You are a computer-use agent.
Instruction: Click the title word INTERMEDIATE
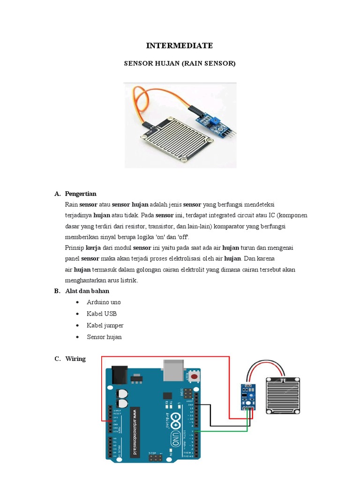pos(180,45)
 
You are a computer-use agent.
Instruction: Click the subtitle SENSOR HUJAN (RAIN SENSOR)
pos(180,63)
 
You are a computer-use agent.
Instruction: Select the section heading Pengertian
pos(81,194)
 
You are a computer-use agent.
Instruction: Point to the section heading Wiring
pos(75,359)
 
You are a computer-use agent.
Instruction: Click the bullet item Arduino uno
pos(104,302)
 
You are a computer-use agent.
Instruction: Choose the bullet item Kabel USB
pos(102,314)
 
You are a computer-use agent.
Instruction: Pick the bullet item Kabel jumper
pos(105,325)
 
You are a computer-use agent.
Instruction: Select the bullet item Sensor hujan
pos(104,337)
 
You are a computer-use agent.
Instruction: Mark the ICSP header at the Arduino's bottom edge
pos(154,457)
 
